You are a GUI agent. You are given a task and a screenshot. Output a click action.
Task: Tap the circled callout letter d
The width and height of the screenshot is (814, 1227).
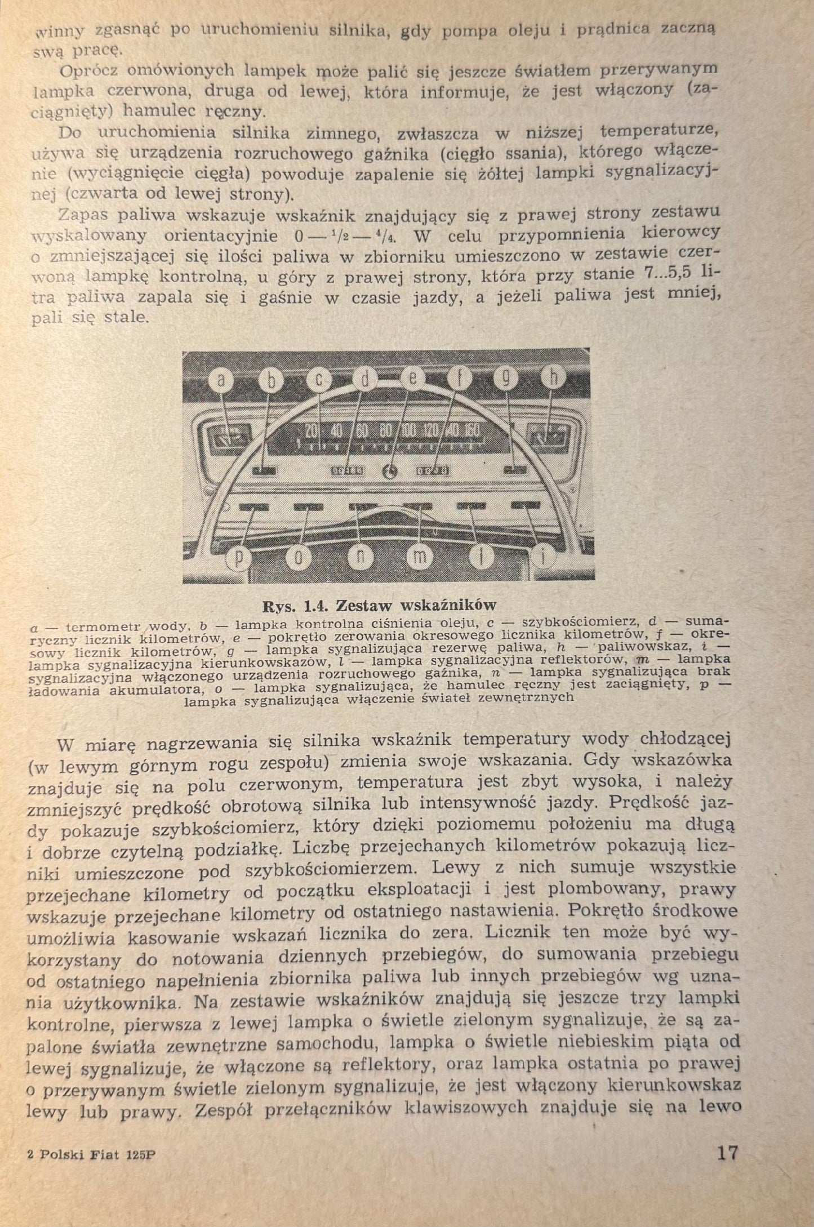[x=366, y=380]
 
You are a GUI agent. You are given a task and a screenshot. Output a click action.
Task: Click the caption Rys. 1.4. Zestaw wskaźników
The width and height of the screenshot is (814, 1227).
[x=380, y=606]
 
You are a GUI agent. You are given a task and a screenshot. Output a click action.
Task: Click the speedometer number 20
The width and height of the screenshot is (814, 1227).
[x=312, y=430]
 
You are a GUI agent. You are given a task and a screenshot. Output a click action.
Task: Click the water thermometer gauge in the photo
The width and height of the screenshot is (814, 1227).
[x=226, y=437]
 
